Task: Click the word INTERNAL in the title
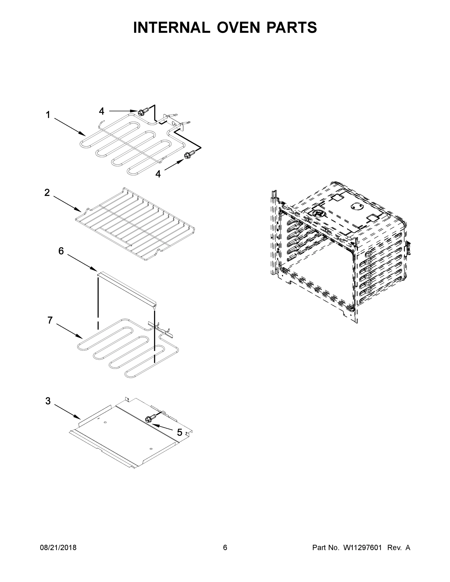coord(172,27)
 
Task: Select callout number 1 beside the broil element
coord(48,115)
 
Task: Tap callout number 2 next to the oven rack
coord(47,193)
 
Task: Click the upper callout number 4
coord(102,111)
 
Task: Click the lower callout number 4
coord(158,174)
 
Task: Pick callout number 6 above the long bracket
coord(61,251)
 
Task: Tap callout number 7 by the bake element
coord(50,320)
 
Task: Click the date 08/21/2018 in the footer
coord(58,548)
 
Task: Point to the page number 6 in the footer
coord(225,548)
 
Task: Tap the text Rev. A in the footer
coord(399,548)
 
